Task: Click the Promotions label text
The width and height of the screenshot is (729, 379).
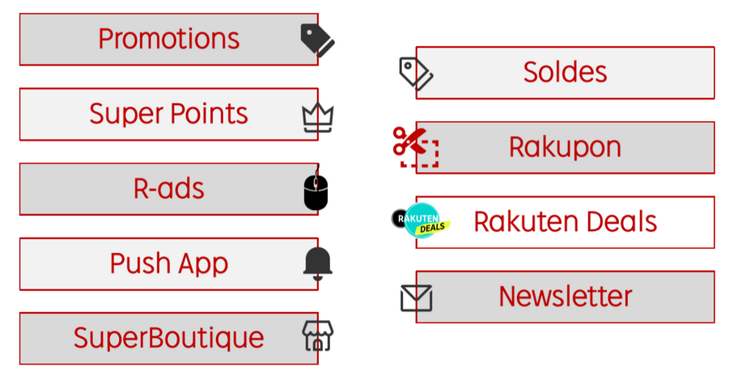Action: tap(169, 39)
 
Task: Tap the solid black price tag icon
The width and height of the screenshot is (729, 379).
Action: tap(317, 40)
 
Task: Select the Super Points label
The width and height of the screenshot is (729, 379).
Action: tap(169, 114)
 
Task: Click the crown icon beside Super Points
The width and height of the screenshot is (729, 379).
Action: tap(317, 117)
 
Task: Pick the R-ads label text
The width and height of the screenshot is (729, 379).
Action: tap(169, 188)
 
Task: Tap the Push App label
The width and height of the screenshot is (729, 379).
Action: tap(169, 263)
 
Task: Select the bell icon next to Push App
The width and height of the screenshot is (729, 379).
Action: tap(317, 263)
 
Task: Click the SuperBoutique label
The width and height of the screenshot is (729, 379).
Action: tap(169, 338)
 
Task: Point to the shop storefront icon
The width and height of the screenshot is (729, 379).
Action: tap(317, 335)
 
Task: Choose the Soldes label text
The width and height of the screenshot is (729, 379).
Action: tap(565, 72)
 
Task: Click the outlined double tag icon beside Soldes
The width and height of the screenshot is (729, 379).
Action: tap(416, 74)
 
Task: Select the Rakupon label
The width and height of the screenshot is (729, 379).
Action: tap(565, 148)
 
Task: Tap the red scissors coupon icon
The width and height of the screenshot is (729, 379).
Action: tap(416, 147)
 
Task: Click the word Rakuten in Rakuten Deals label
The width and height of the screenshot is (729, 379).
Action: tap(526, 221)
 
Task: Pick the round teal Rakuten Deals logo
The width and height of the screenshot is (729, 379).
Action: tap(422, 220)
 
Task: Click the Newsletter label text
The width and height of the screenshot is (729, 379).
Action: tap(566, 297)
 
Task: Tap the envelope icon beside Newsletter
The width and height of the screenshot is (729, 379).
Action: tap(416, 298)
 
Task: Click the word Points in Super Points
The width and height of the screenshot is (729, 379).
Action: tap(209, 114)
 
